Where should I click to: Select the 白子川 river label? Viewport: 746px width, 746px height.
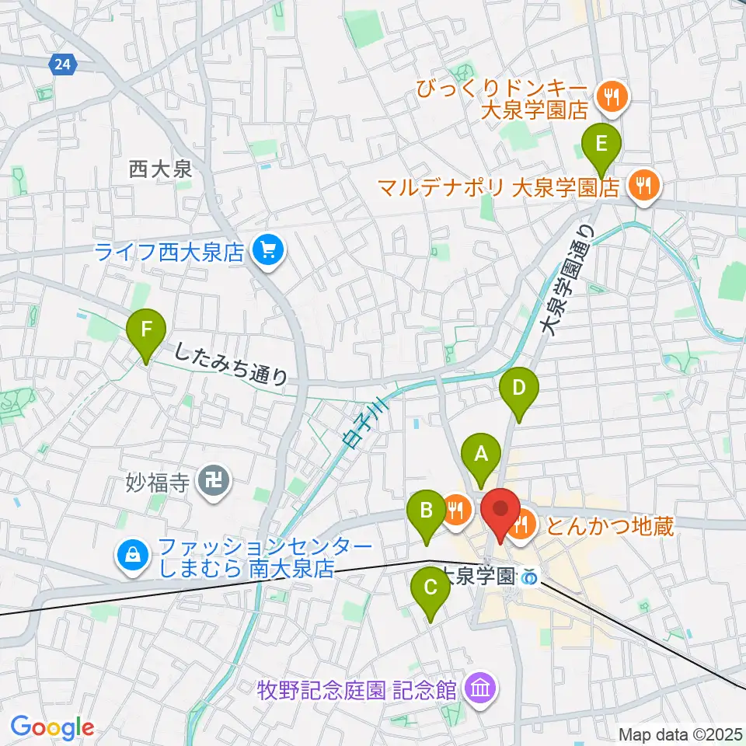pyautogui.click(x=359, y=429)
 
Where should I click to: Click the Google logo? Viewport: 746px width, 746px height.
pyautogui.click(x=52, y=727)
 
